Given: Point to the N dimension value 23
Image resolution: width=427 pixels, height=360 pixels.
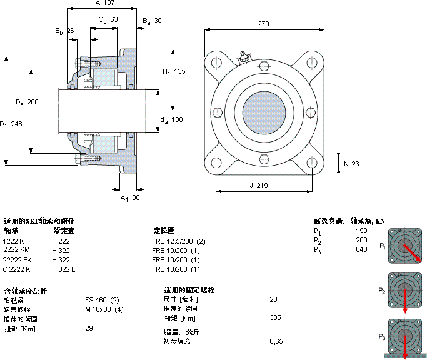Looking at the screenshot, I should pos(356,164).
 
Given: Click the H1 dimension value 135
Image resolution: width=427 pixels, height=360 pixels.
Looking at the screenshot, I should pos(179,72).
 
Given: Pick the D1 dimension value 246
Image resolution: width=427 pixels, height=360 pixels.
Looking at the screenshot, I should pos(16,124).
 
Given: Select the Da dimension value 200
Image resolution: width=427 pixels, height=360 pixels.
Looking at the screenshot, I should pos(33,102).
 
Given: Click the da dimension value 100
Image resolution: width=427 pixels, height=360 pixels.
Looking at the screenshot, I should pos(177,119).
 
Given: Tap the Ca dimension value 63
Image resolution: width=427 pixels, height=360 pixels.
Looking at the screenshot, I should pos(114,20).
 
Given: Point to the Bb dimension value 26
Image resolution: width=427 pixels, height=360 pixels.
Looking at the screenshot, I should pos(69,31).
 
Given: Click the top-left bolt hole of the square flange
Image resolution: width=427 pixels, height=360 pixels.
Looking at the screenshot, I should pos(216,62).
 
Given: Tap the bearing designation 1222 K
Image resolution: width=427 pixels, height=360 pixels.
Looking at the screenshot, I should pos(14,241).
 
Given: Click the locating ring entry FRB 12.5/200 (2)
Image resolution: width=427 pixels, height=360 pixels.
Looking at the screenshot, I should pos(178,241).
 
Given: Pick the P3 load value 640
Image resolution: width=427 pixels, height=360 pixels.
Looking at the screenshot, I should pos(361,250).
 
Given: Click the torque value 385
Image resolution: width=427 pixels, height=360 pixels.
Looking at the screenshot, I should pos(275,318).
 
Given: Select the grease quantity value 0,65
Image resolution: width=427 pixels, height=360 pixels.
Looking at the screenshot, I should pos(276,341).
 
